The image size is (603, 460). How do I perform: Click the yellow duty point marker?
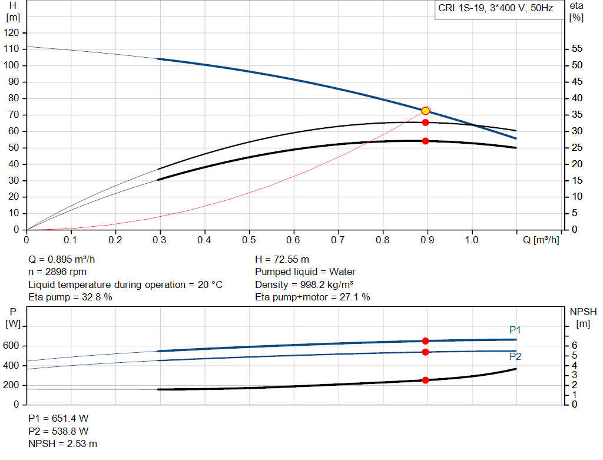click(426, 111)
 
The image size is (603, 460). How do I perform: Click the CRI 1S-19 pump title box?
click(496, 9)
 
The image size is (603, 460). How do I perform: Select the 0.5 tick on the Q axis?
click(249, 240)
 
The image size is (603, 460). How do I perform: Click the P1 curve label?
click(515, 330)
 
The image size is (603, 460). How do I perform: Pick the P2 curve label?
click(515, 356)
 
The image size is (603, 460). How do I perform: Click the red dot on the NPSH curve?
click(426, 380)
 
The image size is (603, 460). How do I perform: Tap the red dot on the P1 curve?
click(426, 341)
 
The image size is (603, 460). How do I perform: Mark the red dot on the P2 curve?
click(426, 352)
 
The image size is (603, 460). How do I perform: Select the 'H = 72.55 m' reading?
click(282, 259)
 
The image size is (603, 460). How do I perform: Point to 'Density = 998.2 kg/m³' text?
click(304, 284)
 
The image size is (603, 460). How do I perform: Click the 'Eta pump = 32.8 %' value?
click(70, 297)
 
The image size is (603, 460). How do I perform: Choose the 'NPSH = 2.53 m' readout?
click(63, 444)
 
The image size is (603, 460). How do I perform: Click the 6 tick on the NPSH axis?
click(574, 346)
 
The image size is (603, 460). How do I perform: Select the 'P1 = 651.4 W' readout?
click(59, 418)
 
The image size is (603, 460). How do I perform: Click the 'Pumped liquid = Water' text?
click(305, 272)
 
